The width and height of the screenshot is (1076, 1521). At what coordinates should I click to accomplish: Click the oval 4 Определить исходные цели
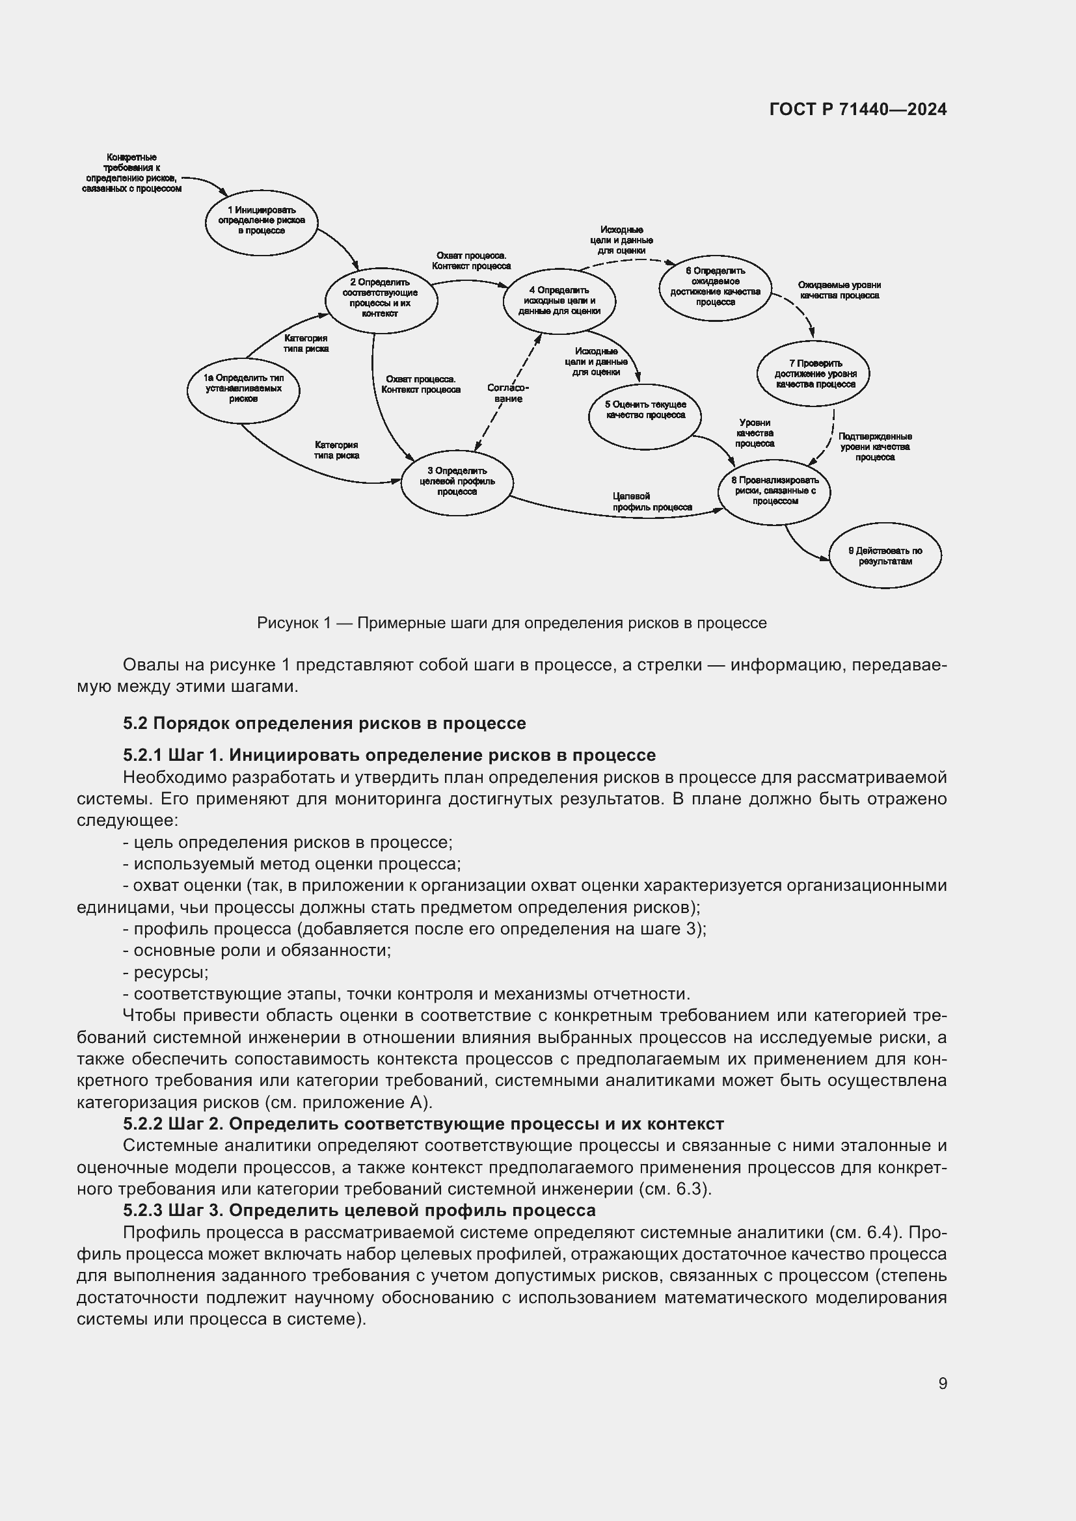tap(559, 301)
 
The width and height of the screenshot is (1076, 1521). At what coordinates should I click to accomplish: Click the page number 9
tap(942, 1383)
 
